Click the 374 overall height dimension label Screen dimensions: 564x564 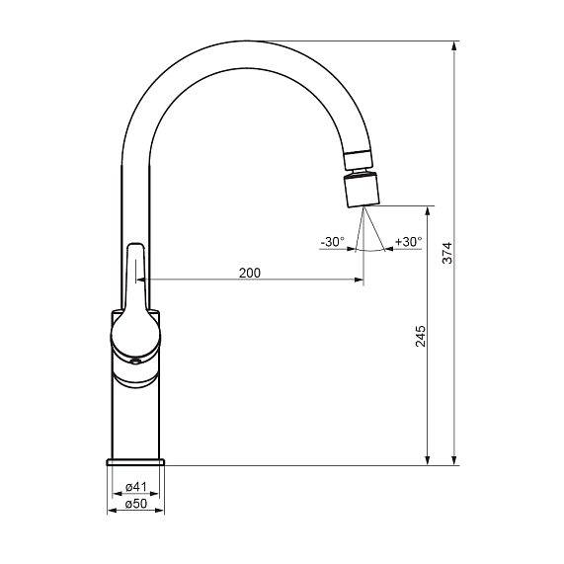click(x=447, y=253)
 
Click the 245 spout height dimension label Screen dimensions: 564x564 click(x=421, y=336)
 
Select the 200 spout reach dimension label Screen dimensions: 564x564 click(x=250, y=273)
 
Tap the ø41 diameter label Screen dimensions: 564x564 click(x=136, y=487)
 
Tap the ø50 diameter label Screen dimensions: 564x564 click(x=136, y=504)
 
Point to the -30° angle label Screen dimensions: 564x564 click(x=332, y=242)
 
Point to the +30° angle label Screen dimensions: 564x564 click(x=409, y=242)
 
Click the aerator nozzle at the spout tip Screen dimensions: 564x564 click(x=362, y=190)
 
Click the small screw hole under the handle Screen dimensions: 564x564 click(x=135, y=362)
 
